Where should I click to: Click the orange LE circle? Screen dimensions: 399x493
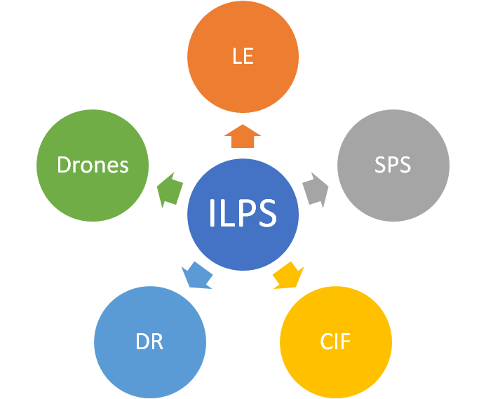point(243,56)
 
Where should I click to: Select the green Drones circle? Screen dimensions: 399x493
point(93,165)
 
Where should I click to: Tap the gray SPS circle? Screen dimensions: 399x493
point(393,165)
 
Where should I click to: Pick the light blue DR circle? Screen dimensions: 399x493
point(149,342)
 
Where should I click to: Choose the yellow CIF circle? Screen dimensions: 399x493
point(335,342)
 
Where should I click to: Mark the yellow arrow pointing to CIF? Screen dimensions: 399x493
point(288,275)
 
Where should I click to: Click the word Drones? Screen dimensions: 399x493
point(93,165)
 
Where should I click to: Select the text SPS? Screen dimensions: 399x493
point(393,165)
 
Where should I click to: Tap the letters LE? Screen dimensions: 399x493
point(243,56)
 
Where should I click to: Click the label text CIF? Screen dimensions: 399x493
point(335,342)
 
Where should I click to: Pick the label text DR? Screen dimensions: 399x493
point(149,342)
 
